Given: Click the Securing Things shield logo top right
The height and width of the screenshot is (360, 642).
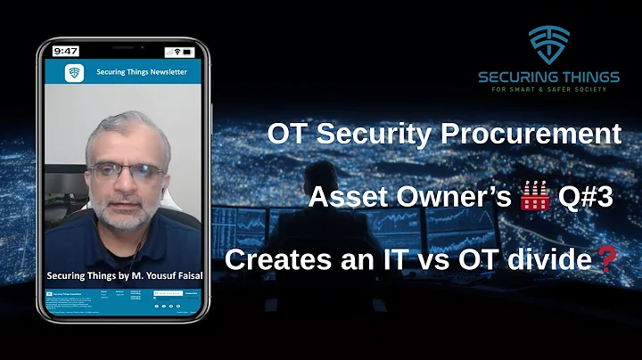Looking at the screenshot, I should tap(548, 45).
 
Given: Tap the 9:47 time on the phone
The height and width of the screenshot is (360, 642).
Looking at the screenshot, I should tap(65, 51).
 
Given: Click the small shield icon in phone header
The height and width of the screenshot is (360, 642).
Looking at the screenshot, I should tap(74, 72).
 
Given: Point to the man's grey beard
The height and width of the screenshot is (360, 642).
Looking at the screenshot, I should tap(124, 212).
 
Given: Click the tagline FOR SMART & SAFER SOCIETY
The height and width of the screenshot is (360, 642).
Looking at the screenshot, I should tap(548, 89).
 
